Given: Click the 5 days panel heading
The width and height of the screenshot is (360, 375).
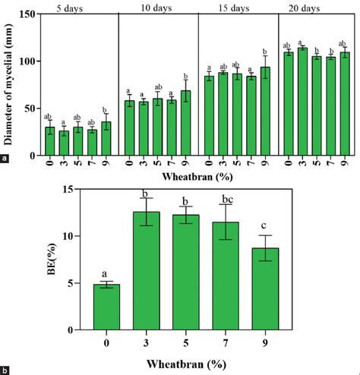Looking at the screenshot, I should click(x=77, y=8).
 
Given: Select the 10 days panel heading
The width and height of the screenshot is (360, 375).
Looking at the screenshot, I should click(x=156, y=8).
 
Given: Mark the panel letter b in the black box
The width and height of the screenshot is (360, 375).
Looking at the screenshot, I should click(x=7, y=370).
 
